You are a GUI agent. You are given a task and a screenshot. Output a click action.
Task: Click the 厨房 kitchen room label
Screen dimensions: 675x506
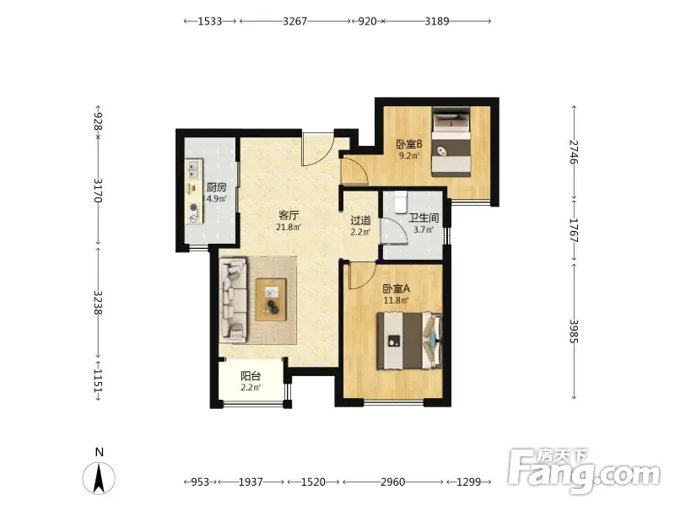pyautogui.click(x=217, y=187)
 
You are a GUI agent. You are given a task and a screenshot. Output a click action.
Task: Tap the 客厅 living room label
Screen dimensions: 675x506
pyautogui.click(x=289, y=215)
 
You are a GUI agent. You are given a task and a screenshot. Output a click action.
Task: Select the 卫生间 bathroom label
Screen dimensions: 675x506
pyautogui.click(x=424, y=218)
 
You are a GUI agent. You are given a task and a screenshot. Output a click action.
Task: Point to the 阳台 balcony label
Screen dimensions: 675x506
pyautogui.click(x=251, y=376)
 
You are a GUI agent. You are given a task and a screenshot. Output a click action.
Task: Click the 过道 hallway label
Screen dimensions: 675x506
pyautogui.click(x=361, y=221)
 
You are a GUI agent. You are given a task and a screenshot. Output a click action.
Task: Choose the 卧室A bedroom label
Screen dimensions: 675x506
pyautogui.click(x=397, y=288)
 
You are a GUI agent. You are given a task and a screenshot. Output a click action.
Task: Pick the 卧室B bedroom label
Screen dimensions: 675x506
pyautogui.click(x=409, y=144)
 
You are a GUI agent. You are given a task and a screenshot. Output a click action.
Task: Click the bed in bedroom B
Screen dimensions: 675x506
pyautogui.click(x=451, y=141)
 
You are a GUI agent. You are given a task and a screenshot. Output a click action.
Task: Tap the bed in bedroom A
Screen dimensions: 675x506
pyautogui.click(x=409, y=341)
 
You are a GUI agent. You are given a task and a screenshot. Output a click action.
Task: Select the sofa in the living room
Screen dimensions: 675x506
pyautogui.click(x=233, y=300)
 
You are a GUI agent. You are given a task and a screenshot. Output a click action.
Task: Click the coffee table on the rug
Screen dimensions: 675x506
pyautogui.click(x=271, y=299)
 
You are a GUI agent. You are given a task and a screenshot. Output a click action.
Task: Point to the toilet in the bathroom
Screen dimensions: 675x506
pyautogui.click(x=400, y=202)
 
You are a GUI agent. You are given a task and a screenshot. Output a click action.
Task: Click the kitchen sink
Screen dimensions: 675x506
pyautogui.click(x=194, y=170)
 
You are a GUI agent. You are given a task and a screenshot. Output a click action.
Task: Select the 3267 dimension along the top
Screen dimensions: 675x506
pyautogui.click(x=294, y=21)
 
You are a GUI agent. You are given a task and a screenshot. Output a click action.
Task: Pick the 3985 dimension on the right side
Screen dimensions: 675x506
pyautogui.click(x=574, y=331)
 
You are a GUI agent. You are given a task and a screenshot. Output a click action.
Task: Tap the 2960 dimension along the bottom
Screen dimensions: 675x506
pyautogui.click(x=392, y=482)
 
